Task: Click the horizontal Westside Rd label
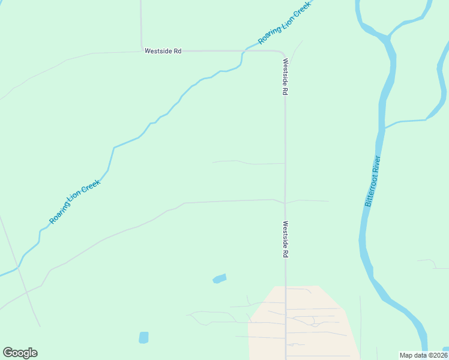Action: [x=163, y=52]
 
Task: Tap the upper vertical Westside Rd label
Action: [x=286, y=77]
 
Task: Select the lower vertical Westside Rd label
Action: [x=286, y=239]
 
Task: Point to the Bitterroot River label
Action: [x=373, y=181]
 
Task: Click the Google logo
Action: [x=20, y=353]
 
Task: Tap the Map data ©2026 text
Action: [x=423, y=355]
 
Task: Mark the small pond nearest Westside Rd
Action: [x=220, y=278]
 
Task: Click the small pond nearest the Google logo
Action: [x=143, y=338]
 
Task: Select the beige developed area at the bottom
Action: [x=300, y=324]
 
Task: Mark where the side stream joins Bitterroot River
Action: [x=384, y=127]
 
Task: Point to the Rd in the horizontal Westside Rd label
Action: [x=177, y=52]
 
